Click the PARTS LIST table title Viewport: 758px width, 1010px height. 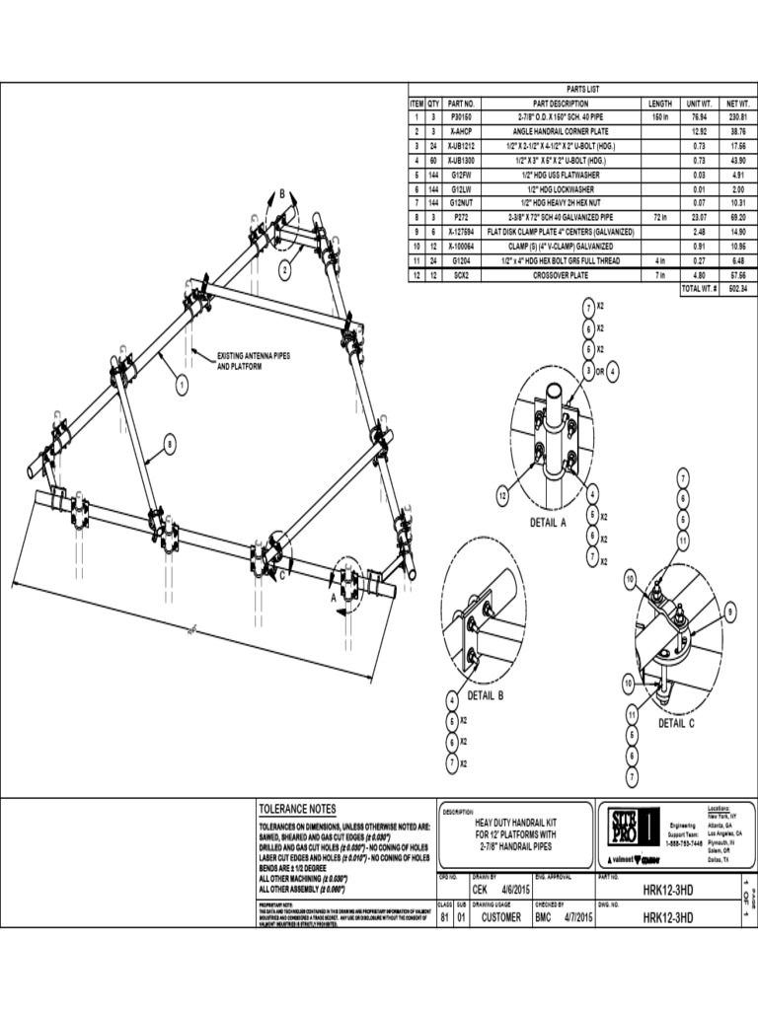point(582,89)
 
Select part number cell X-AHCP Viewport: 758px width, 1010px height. point(462,131)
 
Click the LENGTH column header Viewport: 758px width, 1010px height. point(660,104)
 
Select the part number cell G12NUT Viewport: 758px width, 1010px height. point(462,202)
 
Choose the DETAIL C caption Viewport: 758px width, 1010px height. point(677,723)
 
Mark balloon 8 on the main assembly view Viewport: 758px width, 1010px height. point(170,446)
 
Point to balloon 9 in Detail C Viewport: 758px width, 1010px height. point(730,613)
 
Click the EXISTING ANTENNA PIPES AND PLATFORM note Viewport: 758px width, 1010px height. point(254,360)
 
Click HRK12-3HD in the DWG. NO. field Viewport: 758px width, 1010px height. point(668,917)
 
